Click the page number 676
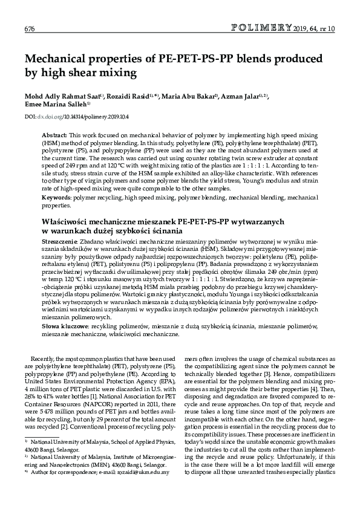tap(29, 29)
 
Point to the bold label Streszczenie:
tap(60, 241)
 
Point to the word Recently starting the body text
tap(48, 358)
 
